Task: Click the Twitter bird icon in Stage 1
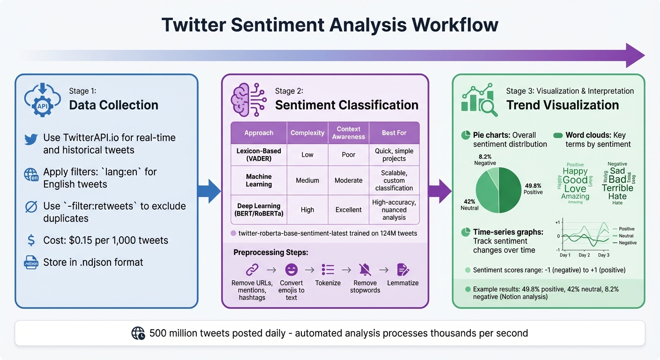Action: [31, 138]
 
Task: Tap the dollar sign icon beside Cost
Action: [31, 240]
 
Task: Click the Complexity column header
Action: [307, 133]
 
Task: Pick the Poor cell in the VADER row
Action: [348, 155]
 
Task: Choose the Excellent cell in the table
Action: [348, 210]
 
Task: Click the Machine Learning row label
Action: [259, 180]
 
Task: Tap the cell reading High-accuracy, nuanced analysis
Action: [394, 210]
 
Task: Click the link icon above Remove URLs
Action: [252, 270]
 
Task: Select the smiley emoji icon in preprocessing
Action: [292, 270]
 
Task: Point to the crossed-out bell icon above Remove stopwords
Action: [365, 270]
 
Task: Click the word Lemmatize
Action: [403, 283]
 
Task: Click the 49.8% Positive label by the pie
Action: [533, 189]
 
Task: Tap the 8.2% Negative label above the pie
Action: [485, 160]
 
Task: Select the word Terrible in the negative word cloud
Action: [617, 188]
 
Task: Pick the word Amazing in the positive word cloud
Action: [575, 196]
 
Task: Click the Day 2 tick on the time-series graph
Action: [584, 255]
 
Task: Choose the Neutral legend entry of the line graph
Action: [626, 236]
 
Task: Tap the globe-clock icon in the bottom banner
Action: [138, 333]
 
